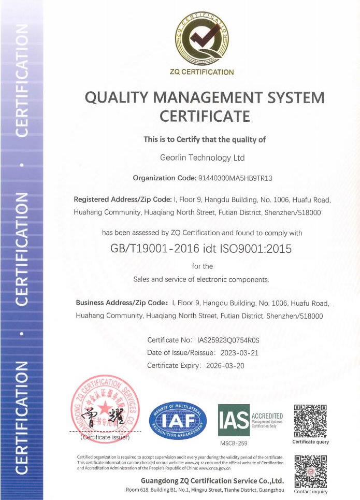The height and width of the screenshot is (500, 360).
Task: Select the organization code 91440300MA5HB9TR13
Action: [235, 178]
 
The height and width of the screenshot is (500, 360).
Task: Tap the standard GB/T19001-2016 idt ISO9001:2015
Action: [201, 249]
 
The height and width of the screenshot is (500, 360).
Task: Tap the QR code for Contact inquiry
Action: [310, 471]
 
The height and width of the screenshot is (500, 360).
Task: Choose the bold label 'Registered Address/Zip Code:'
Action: [122, 199]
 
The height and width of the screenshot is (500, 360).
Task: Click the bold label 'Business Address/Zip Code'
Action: [122, 303]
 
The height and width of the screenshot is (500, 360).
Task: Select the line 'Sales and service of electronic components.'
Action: [201, 279]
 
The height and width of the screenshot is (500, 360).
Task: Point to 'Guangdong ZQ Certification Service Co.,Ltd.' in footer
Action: [212, 480]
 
